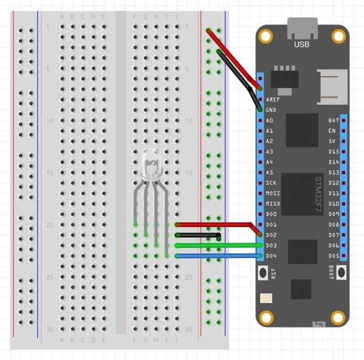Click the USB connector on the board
point(302,29)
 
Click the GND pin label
point(271,110)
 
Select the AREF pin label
point(273,99)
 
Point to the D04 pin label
point(272,256)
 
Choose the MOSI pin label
point(273,193)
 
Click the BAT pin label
point(333,120)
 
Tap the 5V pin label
point(333,141)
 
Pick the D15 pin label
point(333,152)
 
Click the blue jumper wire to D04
point(219,256)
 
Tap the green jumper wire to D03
point(219,245)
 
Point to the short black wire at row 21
point(197,235)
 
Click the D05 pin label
point(333,256)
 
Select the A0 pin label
point(269,120)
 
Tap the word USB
point(302,44)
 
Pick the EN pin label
point(332,131)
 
